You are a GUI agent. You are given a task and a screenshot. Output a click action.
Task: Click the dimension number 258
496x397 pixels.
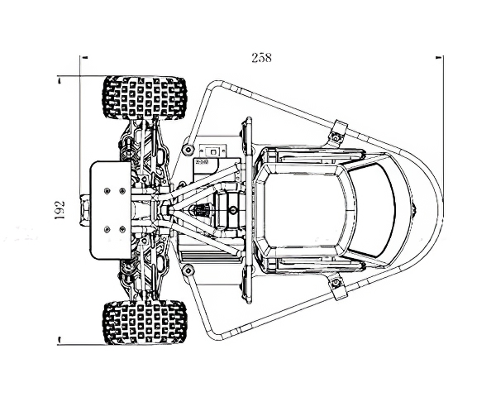click(x=261, y=58)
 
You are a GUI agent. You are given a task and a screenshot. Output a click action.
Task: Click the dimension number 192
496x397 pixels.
click(x=60, y=210)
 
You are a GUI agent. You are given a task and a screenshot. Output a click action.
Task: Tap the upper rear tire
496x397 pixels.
click(x=145, y=98)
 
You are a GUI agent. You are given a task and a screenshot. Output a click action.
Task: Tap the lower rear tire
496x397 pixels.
click(x=145, y=323)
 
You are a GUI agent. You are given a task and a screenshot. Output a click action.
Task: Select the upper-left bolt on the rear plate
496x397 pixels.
click(x=107, y=190)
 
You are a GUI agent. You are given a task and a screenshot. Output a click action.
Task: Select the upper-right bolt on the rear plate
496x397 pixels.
click(x=122, y=190)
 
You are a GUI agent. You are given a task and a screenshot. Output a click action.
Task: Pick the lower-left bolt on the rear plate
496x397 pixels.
click(x=107, y=229)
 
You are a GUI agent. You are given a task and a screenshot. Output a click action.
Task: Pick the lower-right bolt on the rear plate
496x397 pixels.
click(x=122, y=229)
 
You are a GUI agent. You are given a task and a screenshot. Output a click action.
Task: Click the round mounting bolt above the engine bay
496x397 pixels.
click(x=188, y=149)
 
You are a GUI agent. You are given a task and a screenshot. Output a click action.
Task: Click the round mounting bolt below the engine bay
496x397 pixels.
click(x=188, y=270)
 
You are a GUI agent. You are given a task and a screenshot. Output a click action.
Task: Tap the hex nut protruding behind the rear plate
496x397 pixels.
click(x=85, y=210)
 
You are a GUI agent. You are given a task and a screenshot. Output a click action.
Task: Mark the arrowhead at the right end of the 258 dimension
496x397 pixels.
click(x=439, y=57)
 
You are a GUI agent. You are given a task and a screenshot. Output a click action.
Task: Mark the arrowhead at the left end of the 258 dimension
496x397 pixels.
click(x=84, y=57)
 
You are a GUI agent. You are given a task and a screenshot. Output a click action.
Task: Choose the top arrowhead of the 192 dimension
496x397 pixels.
click(x=59, y=81)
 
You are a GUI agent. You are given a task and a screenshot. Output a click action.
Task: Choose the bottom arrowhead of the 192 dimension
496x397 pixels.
click(x=59, y=340)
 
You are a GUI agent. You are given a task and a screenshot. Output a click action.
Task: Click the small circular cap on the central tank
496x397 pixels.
click(x=233, y=209)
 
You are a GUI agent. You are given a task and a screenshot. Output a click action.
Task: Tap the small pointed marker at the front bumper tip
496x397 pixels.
click(x=415, y=209)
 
